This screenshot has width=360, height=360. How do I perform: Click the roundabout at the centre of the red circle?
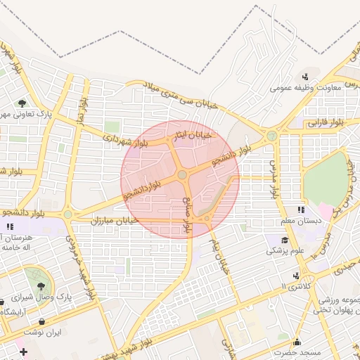182,174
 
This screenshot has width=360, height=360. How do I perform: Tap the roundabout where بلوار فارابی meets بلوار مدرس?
271,136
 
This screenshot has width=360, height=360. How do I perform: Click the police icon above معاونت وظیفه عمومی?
305,77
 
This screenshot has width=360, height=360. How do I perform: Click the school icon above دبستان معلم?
301,210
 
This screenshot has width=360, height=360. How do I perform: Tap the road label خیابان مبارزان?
116,221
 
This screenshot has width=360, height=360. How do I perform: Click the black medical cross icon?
22,351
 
